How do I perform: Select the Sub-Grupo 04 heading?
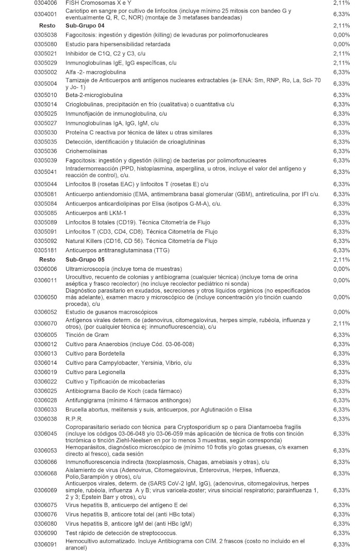click(85, 25)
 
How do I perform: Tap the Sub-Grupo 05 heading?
click(85, 259)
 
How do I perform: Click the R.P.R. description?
click(74, 418)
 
